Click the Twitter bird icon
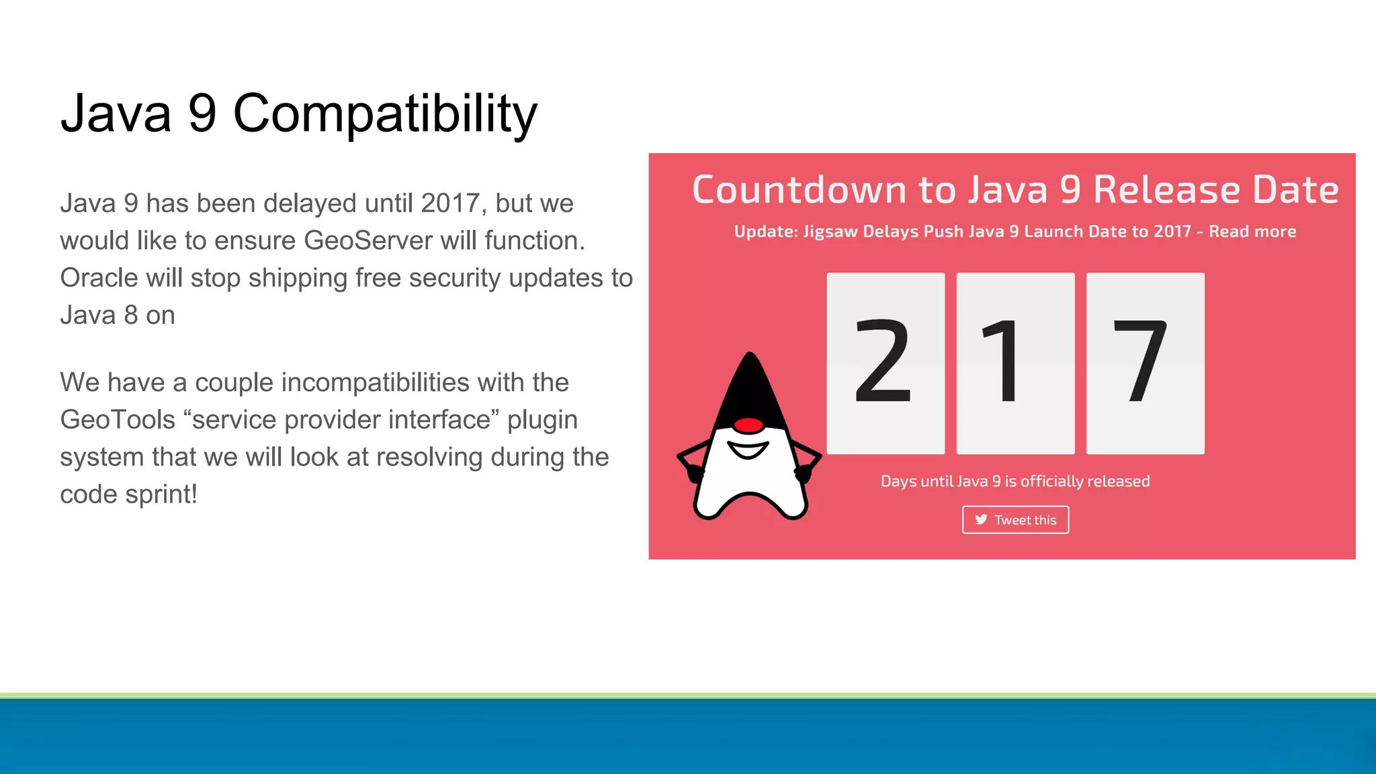(x=981, y=519)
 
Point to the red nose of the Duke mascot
(x=748, y=425)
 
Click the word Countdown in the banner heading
(x=800, y=190)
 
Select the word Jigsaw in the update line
(x=830, y=232)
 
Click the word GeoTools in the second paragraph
(x=118, y=420)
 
